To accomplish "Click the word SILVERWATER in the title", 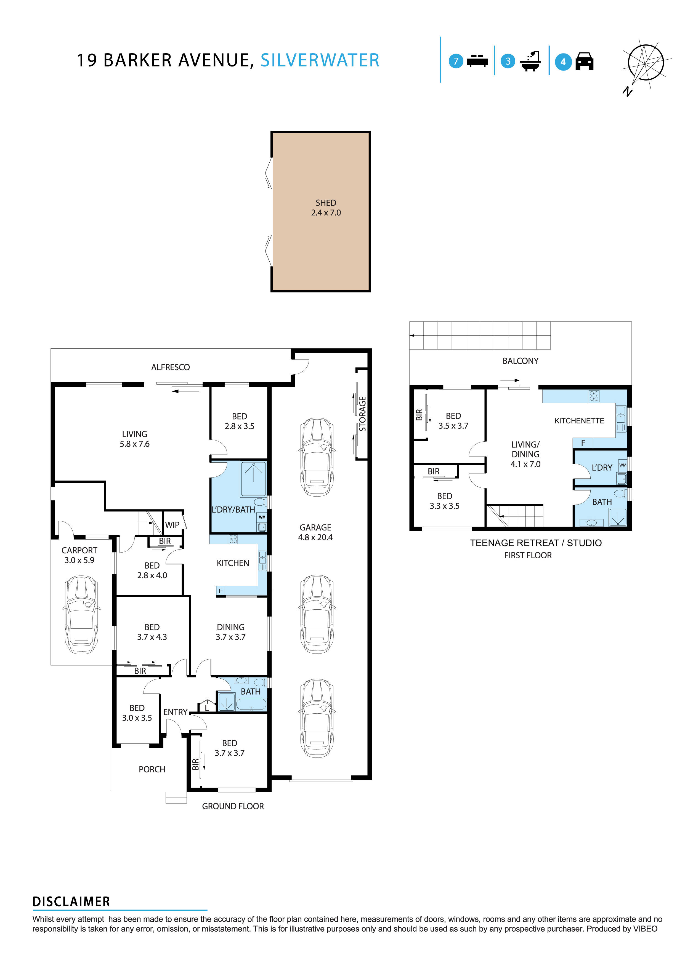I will pos(320,60).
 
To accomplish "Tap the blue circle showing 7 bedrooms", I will pos(456,61).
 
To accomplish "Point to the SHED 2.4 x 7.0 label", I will pos(326,208).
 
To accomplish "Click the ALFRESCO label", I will pos(170,367).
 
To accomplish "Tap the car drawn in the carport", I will pos(81,615).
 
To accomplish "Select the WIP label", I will pos(172,525).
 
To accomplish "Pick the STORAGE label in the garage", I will pos(362,414).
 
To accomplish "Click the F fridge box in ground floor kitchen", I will pos(220,591).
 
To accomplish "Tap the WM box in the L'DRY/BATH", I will pos(262,517).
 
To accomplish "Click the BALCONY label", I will pos(520,361).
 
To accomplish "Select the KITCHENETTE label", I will pos(579,421).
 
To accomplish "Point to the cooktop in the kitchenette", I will pos(594,396).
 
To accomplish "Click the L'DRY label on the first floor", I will pos(601,468).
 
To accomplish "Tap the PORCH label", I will pos(152,769).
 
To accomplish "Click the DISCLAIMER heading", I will pos(71,902).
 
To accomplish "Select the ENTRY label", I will pos(175,712).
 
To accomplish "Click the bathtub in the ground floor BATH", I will pos(251,705).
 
